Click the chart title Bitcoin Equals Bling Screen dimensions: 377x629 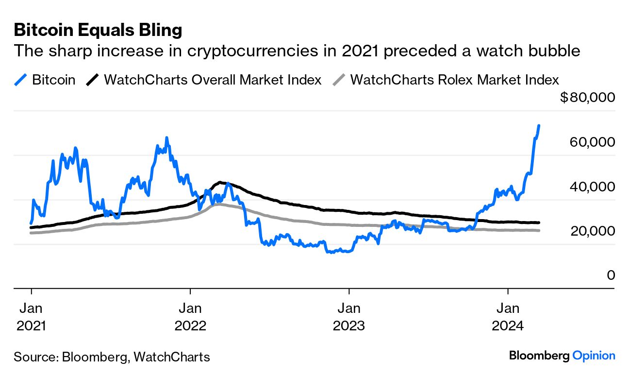[x=98, y=30]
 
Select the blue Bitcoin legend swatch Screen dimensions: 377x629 [x=21, y=80]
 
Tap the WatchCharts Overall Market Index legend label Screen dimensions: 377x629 [x=213, y=80]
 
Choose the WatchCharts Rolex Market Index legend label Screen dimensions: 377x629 [x=454, y=80]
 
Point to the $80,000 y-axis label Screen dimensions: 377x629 [x=587, y=98]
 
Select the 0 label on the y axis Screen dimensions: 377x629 [x=611, y=275]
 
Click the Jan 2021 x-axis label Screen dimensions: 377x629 [x=31, y=316]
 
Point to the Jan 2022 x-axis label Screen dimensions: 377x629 [x=190, y=316]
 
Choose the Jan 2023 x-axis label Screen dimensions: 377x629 [x=348, y=316]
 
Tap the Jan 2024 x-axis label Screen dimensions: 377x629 [x=508, y=316]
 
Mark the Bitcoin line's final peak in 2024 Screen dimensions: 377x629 [x=539, y=125]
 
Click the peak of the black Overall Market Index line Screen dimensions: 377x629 [x=221, y=182]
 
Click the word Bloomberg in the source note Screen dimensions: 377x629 [x=95, y=357]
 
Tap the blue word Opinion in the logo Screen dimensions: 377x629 [x=594, y=356]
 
